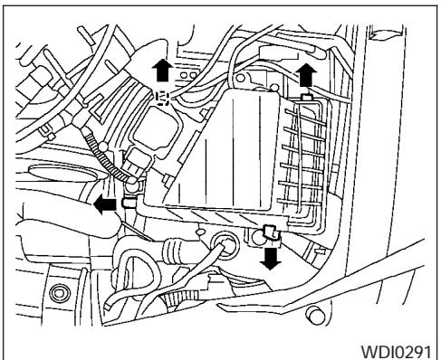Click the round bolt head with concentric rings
62,291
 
